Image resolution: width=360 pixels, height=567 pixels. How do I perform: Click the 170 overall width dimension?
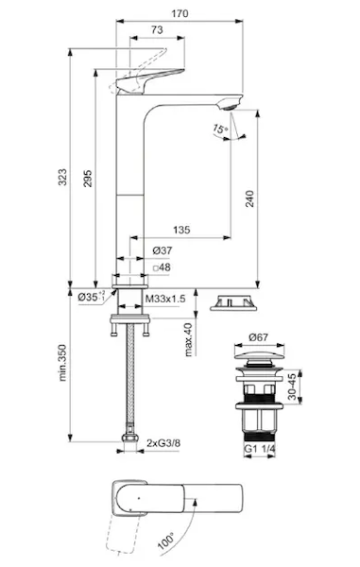click(x=180, y=14)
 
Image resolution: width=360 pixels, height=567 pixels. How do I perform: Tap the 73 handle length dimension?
click(x=157, y=29)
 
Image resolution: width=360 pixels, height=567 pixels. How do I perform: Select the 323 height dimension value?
click(x=62, y=177)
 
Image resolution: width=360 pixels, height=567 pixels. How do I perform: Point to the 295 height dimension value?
click(x=88, y=179)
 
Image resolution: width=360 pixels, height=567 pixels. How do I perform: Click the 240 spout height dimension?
click(x=249, y=198)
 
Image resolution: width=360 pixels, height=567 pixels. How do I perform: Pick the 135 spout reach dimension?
click(x=181, y=230)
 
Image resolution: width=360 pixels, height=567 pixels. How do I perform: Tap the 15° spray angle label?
click(x=220, y=128)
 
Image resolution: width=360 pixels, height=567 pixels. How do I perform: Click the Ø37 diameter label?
click(x=163, y=250)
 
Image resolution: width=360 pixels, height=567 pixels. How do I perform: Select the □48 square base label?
click(x=162, y=267)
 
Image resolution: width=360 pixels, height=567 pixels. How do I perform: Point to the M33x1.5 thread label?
click(x=165, y=299)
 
